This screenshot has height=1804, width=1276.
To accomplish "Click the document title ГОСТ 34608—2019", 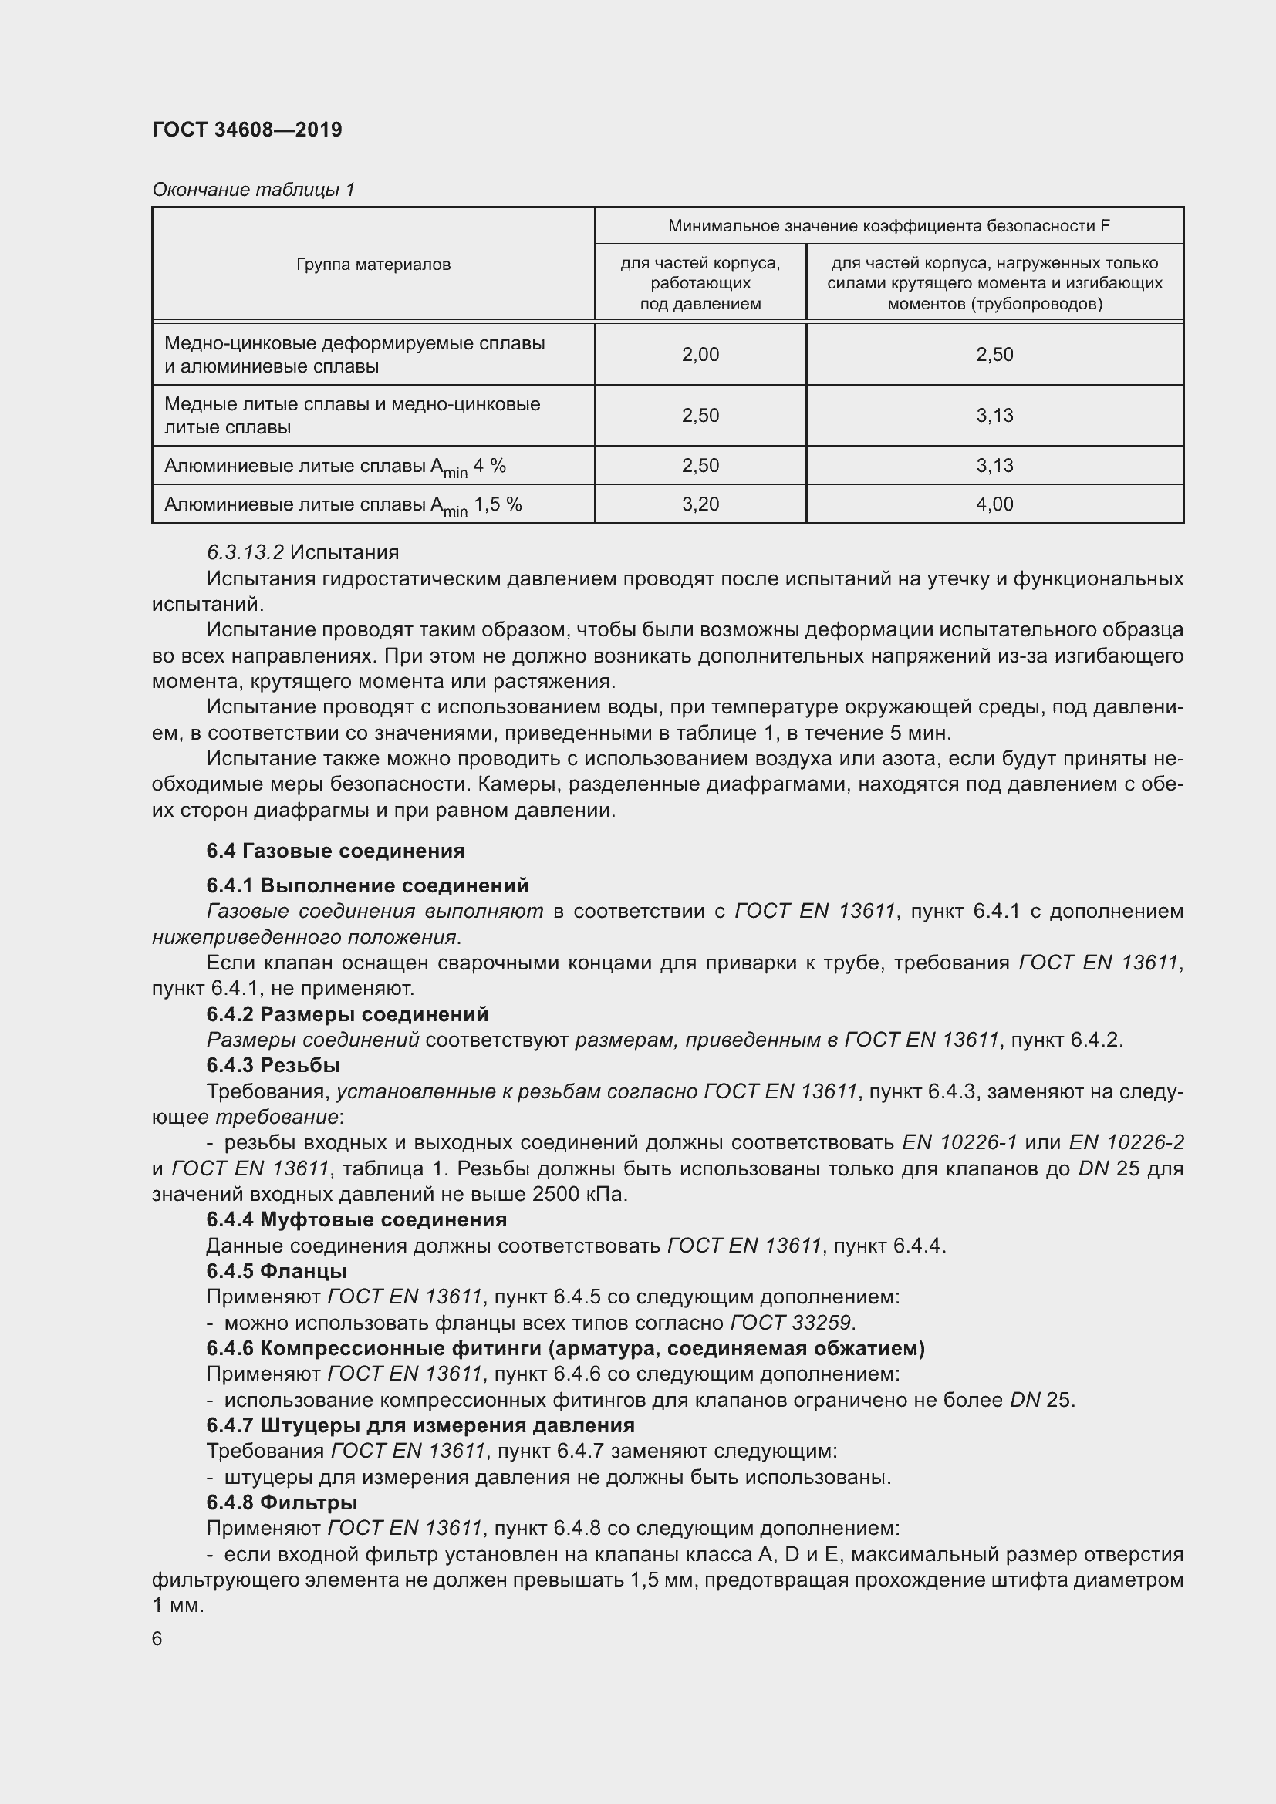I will pos(247,130).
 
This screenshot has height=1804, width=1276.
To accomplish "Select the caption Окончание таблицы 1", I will pos(253,190).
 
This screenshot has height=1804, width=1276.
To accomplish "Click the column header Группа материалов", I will pos(373,265).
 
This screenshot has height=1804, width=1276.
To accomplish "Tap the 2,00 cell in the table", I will pos(700,354).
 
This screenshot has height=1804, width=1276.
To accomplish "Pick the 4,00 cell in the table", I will pos(994,504).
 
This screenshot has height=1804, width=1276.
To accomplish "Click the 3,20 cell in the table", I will pos(700,504).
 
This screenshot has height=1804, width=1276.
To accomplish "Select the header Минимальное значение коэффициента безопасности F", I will pos(888,226).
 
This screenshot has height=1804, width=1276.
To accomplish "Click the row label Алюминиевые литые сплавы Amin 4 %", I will pos(335,467).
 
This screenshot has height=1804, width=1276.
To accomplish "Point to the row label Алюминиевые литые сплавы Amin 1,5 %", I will pos(343,505).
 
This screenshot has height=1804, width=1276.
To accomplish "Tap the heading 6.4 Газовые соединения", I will pos(336,851).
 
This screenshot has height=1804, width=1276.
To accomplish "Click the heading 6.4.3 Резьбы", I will pos(272,1065).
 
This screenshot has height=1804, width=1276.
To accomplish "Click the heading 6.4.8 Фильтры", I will pos(282,1502).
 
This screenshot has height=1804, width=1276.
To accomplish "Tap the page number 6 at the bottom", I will pos(157,1638).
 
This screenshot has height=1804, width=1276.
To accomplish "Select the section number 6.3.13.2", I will pos(245,553).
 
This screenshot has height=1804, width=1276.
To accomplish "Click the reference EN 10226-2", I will pos(1126,1142).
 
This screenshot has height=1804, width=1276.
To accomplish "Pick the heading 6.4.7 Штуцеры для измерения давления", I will pos(420,1425).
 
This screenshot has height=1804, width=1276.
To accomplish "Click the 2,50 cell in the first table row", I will pos(994,354).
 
